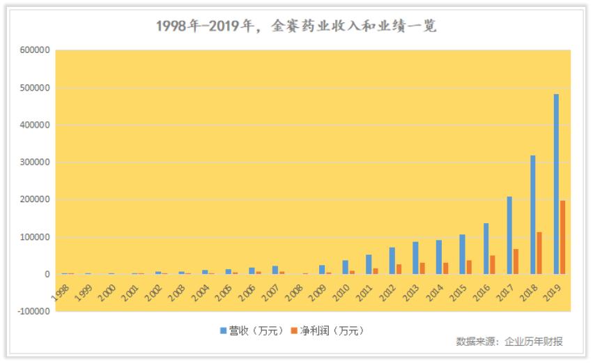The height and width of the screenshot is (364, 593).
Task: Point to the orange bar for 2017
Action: [x=516, y=261]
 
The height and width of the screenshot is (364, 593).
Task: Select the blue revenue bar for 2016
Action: [x=486, y=248]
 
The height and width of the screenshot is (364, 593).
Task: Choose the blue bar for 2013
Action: [x=415, y=258]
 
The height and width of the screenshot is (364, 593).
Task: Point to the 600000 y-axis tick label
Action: [x=34, y=51]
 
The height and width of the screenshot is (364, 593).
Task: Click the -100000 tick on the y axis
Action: [x=32, y=312]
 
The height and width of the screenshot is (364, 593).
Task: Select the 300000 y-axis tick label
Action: [x=34, y=162]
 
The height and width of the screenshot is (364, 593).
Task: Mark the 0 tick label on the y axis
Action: [x=47, y=274]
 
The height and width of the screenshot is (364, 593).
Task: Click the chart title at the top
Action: [x=296, y=26]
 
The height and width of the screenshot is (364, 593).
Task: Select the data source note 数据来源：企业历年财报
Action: [x=509, y=342]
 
